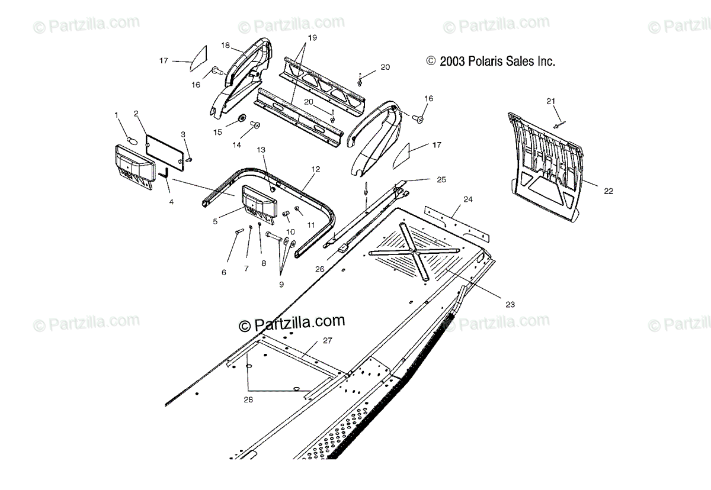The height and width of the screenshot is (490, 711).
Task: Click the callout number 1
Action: point(117,114)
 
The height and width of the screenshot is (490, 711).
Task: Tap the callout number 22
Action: point(608,191)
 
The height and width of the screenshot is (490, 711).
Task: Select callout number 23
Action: point(510,304)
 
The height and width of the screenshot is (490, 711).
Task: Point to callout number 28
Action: point(248,400)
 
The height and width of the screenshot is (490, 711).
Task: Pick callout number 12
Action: point(315,169)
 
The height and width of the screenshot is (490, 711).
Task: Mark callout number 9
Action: point(281,284)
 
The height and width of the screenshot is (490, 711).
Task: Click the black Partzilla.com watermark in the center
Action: point(292,323)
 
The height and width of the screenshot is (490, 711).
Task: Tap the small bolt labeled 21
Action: point(559,124)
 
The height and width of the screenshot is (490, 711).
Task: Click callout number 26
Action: point(319,269)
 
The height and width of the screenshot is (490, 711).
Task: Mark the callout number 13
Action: point(261,150)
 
